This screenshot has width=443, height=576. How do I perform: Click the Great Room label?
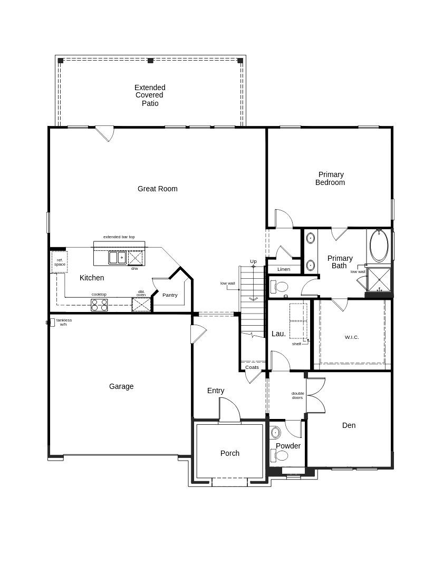(x=157, y=189)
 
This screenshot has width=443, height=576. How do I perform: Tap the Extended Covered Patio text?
(x=150, y=95)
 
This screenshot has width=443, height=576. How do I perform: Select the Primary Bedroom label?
(x=330, y=179)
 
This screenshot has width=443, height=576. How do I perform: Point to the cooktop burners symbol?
(x=99, y=305)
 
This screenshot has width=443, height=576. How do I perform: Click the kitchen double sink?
(x=117, y=258)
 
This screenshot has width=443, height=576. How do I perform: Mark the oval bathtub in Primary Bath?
(x=379, y=246)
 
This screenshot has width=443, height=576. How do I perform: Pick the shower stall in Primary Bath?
(x=379, y=279)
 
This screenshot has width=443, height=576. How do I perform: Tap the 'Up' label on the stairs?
(x=253, y=261)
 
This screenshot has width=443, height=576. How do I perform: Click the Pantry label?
(x=170, y=295)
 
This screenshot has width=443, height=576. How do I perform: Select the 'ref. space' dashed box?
(x=60, y=262)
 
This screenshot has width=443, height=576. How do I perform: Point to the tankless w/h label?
(x=64, y=322)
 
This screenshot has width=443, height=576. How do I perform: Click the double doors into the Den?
(x=315, y=395)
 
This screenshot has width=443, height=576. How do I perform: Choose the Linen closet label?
(x=284, y=269)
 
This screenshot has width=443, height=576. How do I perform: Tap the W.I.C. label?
(x=352, y=337)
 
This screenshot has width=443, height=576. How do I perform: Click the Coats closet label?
(x=252, y=367)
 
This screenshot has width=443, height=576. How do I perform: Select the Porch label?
(x=229, y=453)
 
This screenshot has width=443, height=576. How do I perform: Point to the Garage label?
(x=121, y=386)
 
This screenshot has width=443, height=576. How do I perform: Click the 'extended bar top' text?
(x=119, y=237)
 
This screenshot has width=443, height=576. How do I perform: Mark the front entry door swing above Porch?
(x=229, y=409)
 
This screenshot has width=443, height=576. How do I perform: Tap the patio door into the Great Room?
(x=104, y=133)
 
